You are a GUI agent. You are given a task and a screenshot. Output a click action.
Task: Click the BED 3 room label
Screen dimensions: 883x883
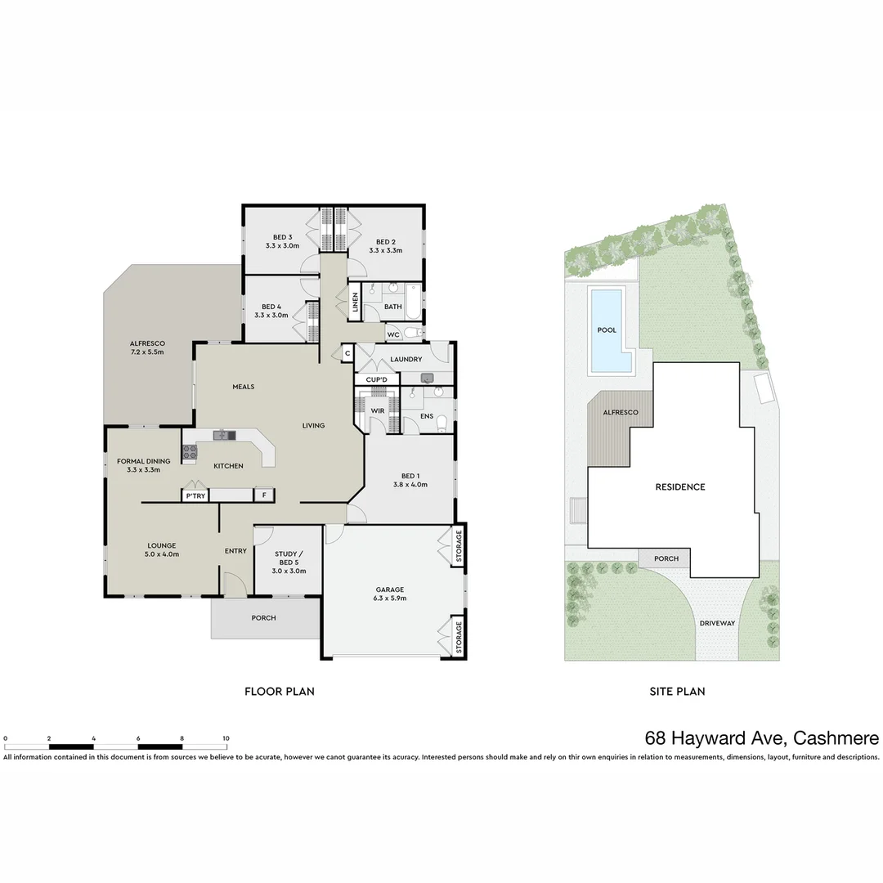pos(282,237)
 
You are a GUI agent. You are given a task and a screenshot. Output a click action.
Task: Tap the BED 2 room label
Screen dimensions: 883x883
pos(386,242)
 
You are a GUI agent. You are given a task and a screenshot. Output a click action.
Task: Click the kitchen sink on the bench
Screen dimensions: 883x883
pos(223,435)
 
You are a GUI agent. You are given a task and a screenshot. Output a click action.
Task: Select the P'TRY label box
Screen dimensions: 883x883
pos(195,495)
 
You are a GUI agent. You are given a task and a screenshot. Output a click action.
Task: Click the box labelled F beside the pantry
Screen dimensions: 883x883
pos(263,495)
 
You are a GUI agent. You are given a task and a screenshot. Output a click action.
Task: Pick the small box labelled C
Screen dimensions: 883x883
pos(347,353)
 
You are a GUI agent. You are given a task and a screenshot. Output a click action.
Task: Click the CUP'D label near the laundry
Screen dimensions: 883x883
pos(376,380)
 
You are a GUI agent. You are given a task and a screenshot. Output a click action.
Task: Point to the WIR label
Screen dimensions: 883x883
pos(378,410)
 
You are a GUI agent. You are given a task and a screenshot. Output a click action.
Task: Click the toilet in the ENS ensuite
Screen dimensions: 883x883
pos(442,422)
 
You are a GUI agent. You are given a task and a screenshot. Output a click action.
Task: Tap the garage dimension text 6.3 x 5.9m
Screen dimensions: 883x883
pos(390,598)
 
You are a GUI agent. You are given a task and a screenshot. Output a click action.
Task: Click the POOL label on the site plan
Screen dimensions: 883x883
pos(606,330)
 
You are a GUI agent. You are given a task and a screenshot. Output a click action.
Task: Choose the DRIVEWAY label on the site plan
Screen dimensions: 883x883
pos(717,623)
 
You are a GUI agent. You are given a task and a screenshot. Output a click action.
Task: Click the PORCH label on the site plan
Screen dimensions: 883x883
pos(666,559)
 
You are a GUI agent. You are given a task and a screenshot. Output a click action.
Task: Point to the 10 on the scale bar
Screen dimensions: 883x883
pos(226,737)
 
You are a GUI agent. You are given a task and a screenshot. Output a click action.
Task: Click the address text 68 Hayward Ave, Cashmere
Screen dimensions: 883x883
pos(761,738)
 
